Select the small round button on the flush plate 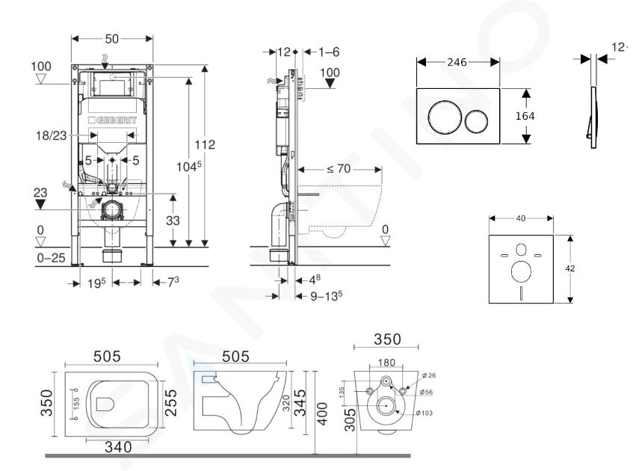click(476, 119)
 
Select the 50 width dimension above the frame click(112, 37)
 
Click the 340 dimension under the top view click(118, 447)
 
